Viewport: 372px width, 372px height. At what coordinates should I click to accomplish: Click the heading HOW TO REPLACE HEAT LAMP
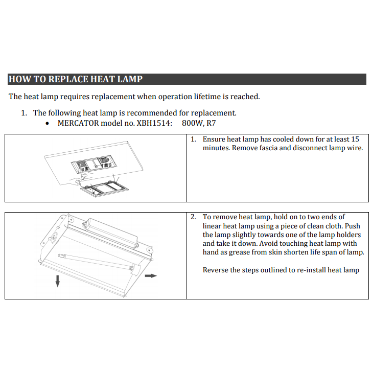76,79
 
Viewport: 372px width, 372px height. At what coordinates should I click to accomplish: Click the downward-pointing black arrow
58,280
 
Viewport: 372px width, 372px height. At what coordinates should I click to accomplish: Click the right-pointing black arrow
150,275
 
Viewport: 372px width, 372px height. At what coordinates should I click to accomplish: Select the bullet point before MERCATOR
48,124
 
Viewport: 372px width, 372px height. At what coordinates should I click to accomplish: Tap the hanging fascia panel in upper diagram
102,189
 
